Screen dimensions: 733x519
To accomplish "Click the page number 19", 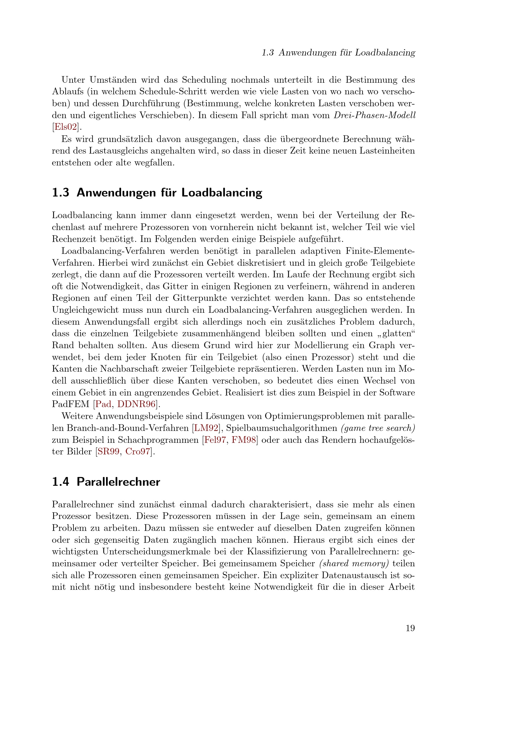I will pyautogui.click(x=410, y=628).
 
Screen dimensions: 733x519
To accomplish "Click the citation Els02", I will pyautogui.click(x=66, y=127).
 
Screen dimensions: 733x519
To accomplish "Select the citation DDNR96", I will pyautogui.click(x=136, y=405).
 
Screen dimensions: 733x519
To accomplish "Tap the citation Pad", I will pyautogui.click(x=103, y=405).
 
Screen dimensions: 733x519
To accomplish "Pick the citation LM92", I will pyautogui.click(x=206, y=428).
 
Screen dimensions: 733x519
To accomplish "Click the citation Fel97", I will pyautogui.click(x=215, y=440).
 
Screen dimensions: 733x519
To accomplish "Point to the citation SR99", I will pyautogui.click(x=108, y=452).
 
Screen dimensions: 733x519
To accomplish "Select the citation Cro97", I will pyautogui.click(x=137, y=452).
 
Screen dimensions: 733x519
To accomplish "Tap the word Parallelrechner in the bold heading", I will pyautogui.click(x=118, y=482).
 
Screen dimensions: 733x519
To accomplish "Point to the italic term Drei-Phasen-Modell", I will pyautogui.click(x=375, y=115).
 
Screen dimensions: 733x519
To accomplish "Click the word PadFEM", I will pyautogui.click(x=71, y=405).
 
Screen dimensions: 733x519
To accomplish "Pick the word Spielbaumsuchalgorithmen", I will pyautogui.click(x=281, y=428).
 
